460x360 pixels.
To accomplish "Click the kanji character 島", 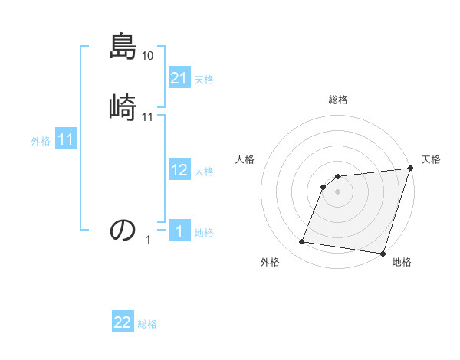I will (x=123, y=47).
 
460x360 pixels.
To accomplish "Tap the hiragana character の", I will (x=123, y=229).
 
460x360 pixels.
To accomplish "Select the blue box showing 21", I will (x=179, y=77).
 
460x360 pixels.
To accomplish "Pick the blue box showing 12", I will (x=179, y=170).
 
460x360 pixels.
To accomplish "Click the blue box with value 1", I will (x=179, y=231).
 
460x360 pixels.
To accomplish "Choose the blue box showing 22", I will (x=123, y=322).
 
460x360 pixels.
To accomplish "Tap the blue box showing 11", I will (x=66, y=140).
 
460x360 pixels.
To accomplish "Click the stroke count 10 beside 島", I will (x=148, y=56).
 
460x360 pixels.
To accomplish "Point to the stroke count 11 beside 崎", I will (x=148, y=117).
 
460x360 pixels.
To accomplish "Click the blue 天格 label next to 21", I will (x=204, y=79).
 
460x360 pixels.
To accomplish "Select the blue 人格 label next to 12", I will (x=204, y=172).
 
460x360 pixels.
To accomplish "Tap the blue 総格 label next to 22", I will (x=147, y=324).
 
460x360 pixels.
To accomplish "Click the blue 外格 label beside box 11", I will (x=41, y=141).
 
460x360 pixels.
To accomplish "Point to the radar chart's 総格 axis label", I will (x=338, y=100).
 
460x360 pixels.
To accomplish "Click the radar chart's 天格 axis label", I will (x=431, y=159).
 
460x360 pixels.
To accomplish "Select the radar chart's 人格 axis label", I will (x=245, y=159).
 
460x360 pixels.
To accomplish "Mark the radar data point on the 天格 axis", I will (x=410, y=169).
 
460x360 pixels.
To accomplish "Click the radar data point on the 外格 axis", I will (x=302, y=242).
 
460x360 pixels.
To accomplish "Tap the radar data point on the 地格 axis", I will (x=383, y=253).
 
